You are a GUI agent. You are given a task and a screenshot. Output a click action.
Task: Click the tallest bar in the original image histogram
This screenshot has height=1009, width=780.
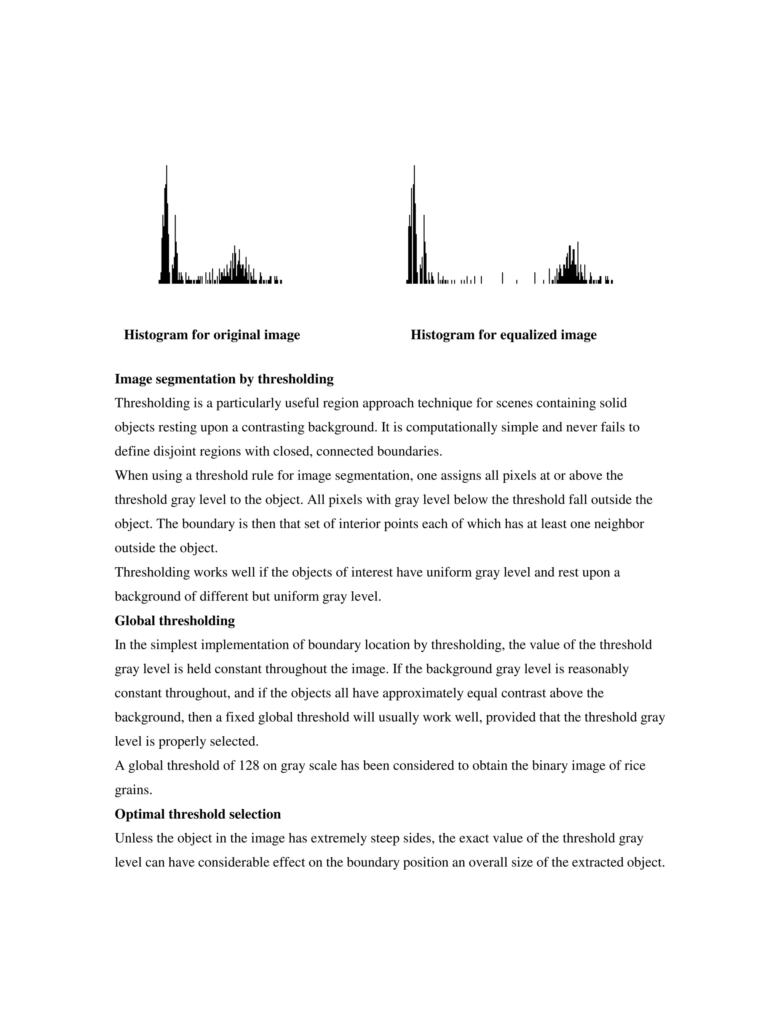pyautogui.click(x=166, y=227)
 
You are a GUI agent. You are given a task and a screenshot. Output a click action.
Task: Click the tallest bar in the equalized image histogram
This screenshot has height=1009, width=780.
pyautogui.click(x=414, y=227)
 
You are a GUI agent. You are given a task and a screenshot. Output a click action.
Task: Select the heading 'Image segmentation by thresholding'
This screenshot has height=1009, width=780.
pyautogui.click(x=224, y=379)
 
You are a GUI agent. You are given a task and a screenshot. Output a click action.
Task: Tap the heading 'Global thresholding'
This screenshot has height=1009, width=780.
pyautogui.click(x=175, y=621)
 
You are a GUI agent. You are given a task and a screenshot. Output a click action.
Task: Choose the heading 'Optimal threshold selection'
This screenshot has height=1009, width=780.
pyautogui.click(x=197, y=814)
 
